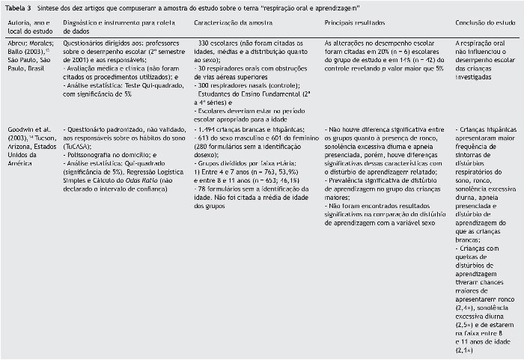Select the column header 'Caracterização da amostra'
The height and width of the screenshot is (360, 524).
pyautogui.click(x=219, y=24)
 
